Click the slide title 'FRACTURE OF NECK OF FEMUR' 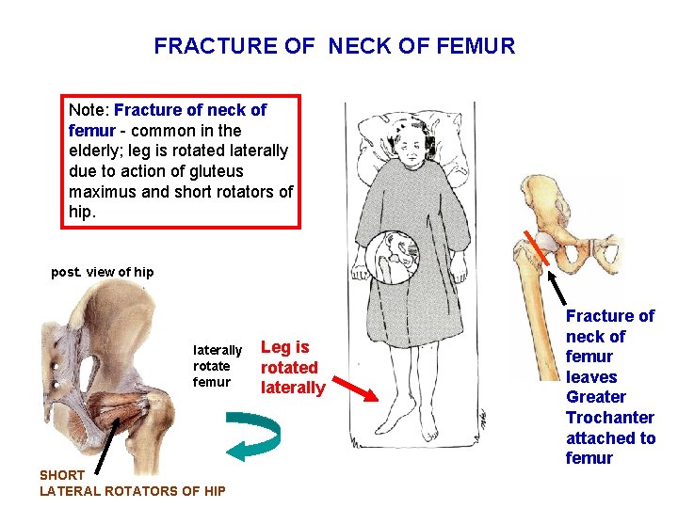click(334, 46)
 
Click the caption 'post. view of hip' click(103, 272)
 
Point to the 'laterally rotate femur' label click(217, 366)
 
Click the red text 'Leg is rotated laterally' click(292, 367)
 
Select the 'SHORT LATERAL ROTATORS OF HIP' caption click(132, 483)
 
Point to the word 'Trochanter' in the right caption click(610, 418)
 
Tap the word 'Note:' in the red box click(89, 110)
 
